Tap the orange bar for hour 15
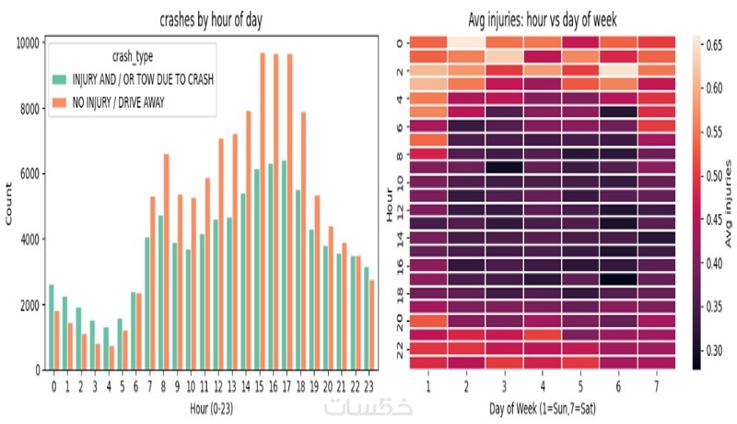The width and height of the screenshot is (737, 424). point(263,212)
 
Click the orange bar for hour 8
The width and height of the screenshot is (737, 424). point(166,262)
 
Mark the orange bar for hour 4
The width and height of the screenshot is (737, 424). point(111,358)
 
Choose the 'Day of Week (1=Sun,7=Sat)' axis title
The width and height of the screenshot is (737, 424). point(543,406)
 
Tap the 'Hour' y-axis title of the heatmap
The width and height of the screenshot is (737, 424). point(391,202)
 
